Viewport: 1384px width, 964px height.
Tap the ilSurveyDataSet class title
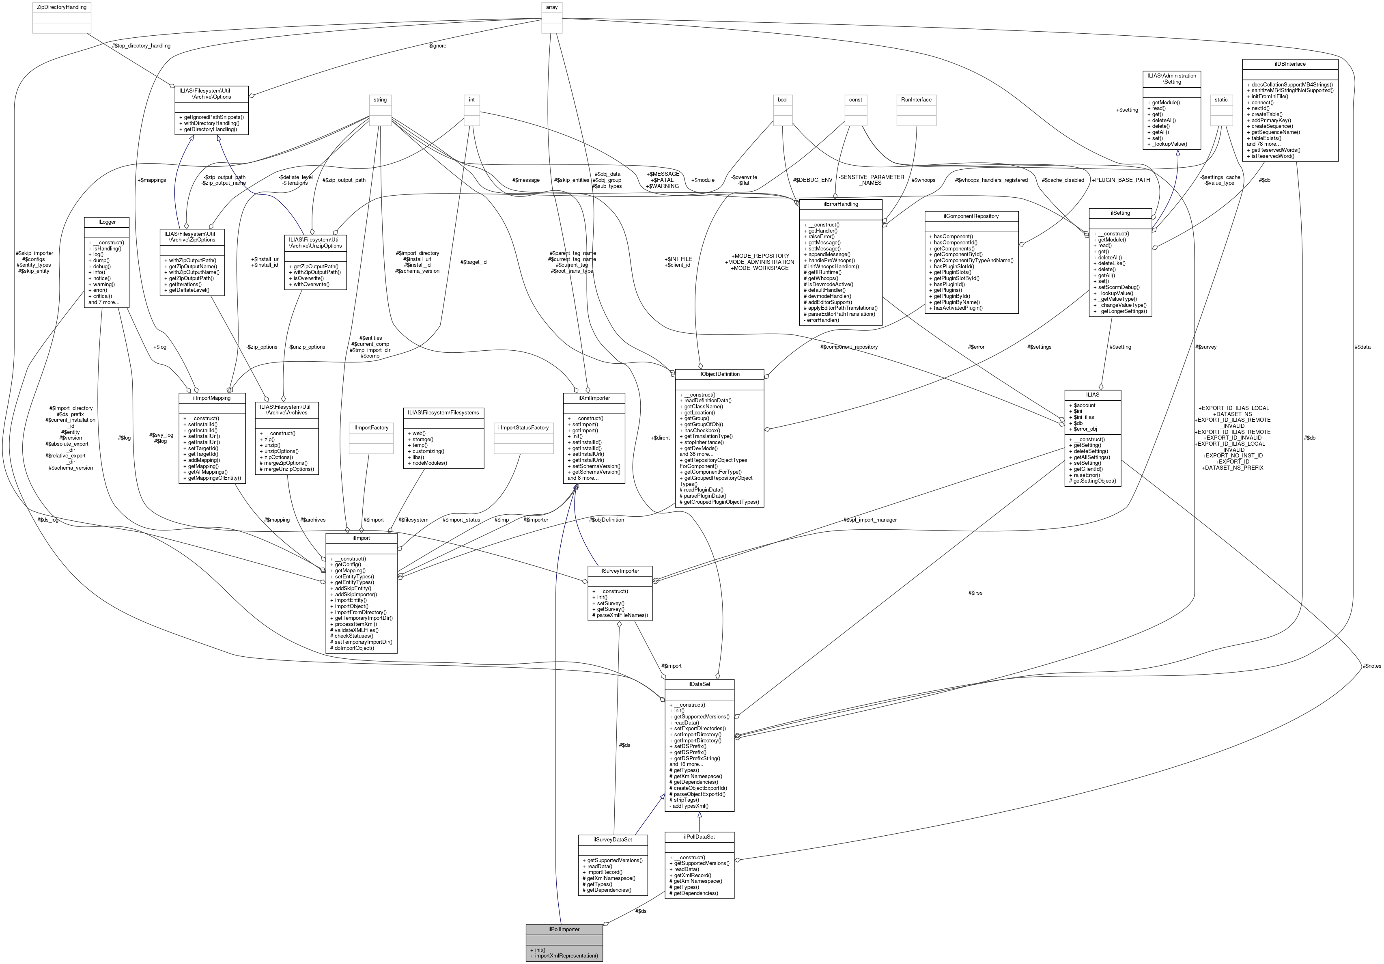point(612,839)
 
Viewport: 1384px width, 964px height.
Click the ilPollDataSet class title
point(699,837)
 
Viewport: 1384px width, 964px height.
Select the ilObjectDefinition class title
point(719,374)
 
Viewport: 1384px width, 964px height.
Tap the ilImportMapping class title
point(213,398)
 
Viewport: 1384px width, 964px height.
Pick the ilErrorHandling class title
point(840,204)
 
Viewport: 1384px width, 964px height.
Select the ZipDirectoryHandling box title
point(62,7)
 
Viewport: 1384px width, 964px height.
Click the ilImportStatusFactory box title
point(523,427)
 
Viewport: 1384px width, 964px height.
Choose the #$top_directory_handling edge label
point(141,46)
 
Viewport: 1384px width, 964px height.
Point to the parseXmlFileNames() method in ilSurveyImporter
point(622,615)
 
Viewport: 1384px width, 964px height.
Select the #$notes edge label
point(1371,666)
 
